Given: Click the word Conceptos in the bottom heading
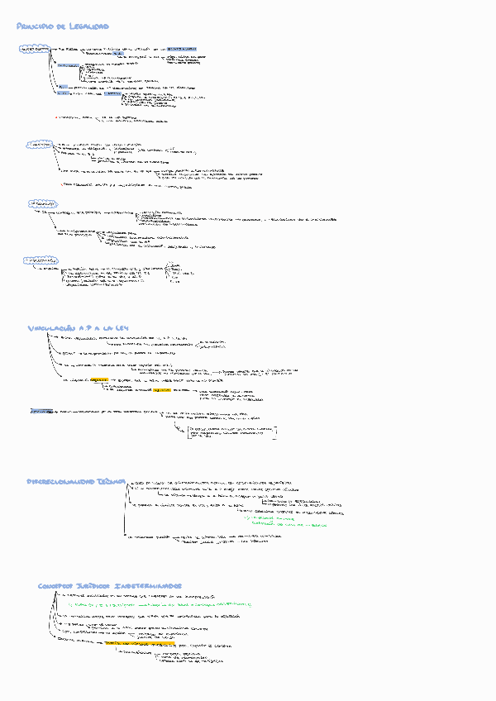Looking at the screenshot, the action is coord(60,585).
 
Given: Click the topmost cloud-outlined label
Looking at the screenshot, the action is coord(34,50).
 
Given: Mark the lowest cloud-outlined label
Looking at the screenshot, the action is coord(38,260).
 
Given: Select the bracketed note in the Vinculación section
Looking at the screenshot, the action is coord(231,432).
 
